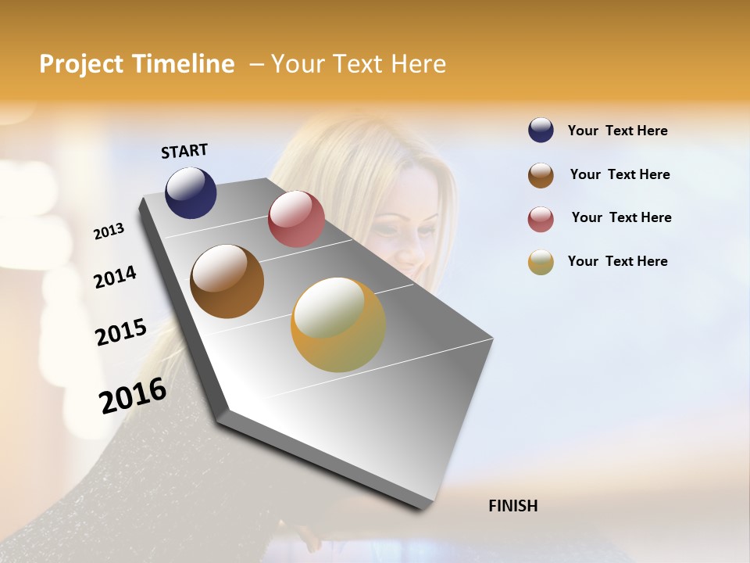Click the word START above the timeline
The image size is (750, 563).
pyautogui.click(x=184, y=151)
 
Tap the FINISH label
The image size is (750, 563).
pyautogui.click(x=513, y=506)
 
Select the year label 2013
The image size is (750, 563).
pyautogui.click(x=109, y=231)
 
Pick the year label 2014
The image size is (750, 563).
pyautogui.click(x=115, y=277)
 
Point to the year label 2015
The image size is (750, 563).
pyautogui.click(x=121, y=332)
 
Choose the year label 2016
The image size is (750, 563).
pyautogui.click(x=133, y=396)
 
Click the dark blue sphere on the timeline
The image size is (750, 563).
pyautogui.click(x=191, y=192)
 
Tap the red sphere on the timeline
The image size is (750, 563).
pyautogui.click(x=296, y=219)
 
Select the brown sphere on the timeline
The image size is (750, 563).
pyautogui.click(x=227, y=281)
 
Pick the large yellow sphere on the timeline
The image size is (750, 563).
pyautogui.click(x=338, y=325)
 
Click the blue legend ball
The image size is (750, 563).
pyautogui.click(x=541, y=131)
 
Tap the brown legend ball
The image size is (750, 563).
pyautogui.click(x=541, y=175)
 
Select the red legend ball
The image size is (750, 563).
pyautogui.click(x=541, y=219)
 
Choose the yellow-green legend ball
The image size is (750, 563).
pyautogui.click(x=541, y=262)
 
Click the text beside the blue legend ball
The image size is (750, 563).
pyautogui.click(x=617, y=131)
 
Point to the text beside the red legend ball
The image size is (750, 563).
pyautogui.click(x=621, y=217)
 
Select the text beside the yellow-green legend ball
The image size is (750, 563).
pyautogui.click(x=617, y=261)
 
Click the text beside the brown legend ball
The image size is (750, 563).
pyautogui.click(x=620, y=174)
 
